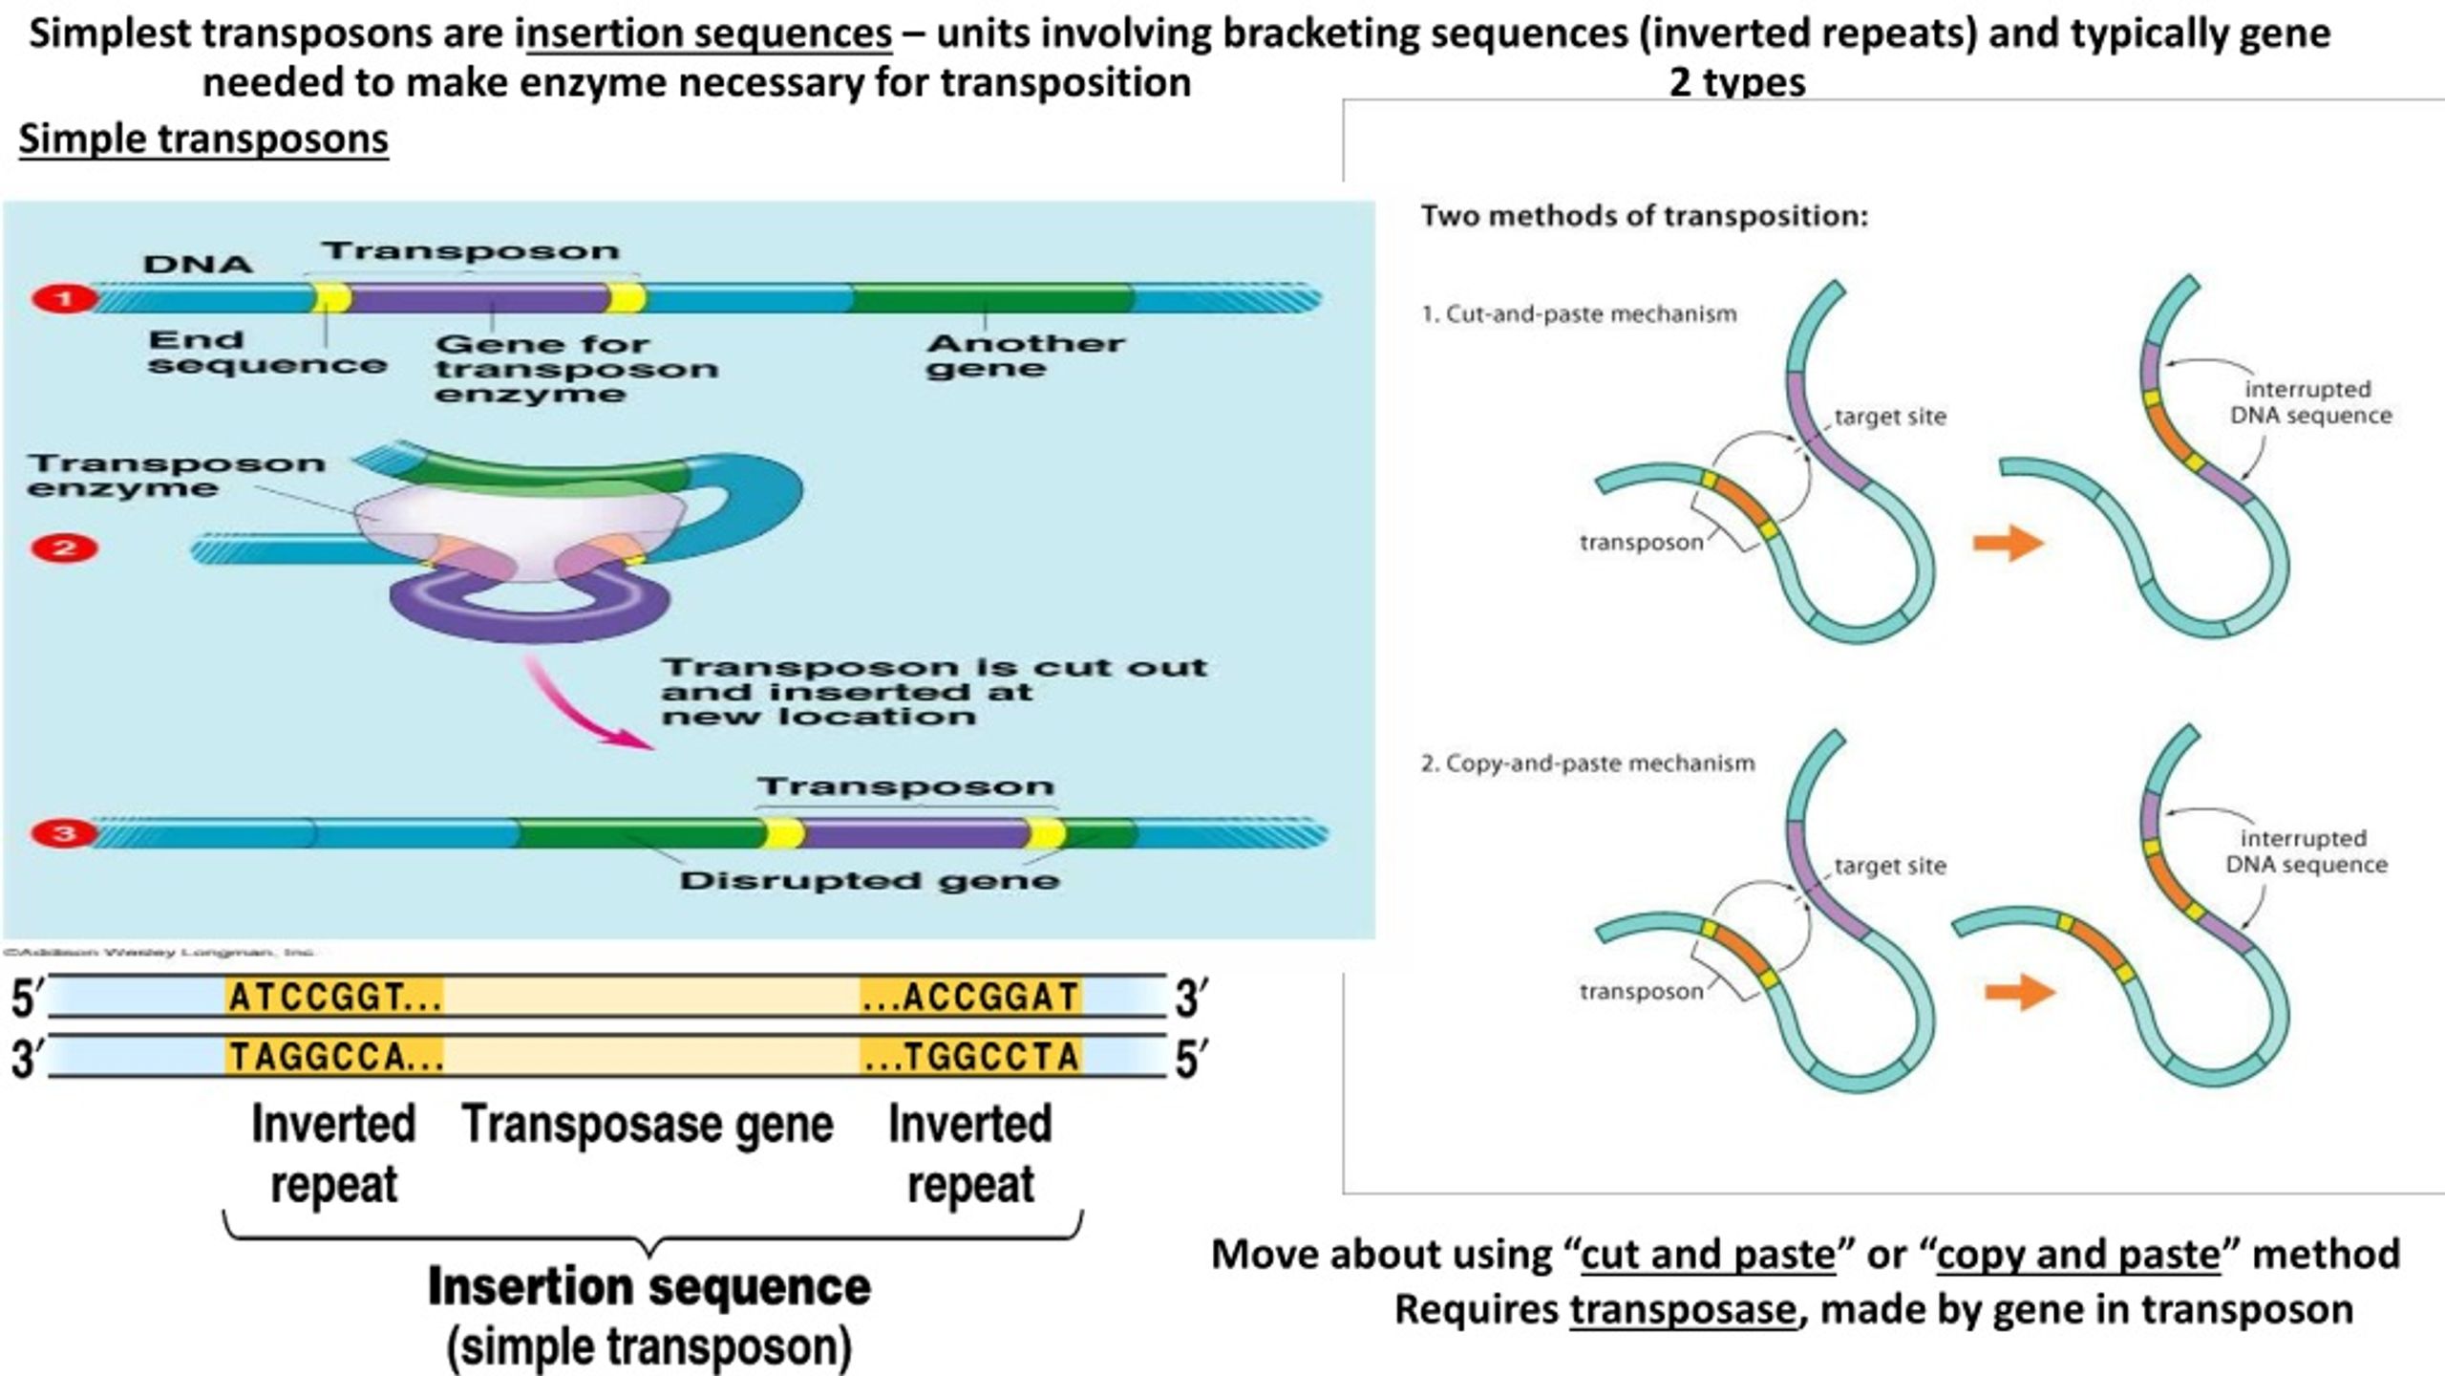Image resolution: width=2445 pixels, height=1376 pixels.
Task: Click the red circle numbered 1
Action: [64, 299]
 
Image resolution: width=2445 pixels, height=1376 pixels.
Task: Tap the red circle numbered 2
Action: [64, 548]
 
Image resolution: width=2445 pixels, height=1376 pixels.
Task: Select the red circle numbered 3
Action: [64, 833]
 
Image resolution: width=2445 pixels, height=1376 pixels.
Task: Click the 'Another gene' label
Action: [1025, 355]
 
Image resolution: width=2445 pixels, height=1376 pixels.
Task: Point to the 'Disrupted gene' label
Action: [869, 880]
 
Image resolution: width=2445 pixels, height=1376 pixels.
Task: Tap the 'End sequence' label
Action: [266, 352]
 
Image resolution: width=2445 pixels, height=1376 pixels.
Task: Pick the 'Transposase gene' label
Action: [648, 1124]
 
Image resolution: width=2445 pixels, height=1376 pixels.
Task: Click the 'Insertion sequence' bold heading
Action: [648, 1286]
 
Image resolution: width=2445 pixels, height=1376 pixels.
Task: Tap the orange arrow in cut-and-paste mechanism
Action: [2009, 544]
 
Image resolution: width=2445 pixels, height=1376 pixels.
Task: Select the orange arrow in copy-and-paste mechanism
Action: [2020, 992]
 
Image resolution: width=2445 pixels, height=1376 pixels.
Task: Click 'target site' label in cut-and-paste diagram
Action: [1890, 417]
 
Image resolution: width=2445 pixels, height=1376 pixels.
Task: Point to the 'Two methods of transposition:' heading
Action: [1644, 216]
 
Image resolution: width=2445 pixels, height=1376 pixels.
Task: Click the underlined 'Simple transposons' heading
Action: [203, 140]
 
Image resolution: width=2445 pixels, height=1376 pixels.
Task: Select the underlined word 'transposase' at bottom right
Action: [1683, 1309]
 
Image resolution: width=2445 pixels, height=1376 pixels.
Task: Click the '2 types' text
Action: [1736, 82]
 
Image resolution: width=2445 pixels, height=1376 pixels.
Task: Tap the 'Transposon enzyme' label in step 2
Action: [177, 476]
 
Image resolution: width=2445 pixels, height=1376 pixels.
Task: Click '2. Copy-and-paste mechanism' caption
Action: [1587, 763]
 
